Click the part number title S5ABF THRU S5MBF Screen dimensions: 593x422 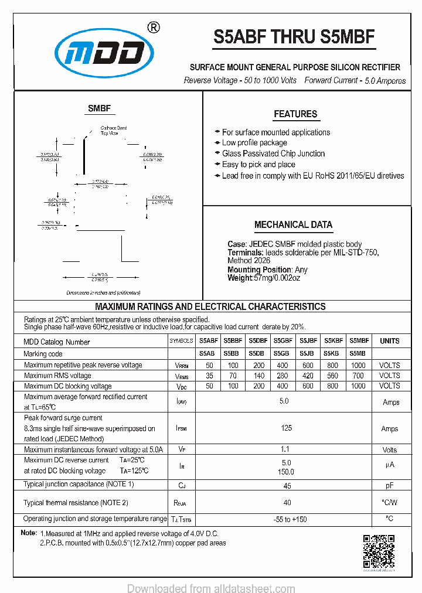[294, 38]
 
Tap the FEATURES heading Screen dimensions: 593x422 [295, 114]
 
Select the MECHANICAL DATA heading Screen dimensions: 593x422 [293, 224]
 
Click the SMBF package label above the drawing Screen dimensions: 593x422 [99, 108]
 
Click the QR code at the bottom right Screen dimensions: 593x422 [379, 551]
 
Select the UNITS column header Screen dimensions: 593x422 [389, 341]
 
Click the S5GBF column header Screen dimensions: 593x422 [283, 340]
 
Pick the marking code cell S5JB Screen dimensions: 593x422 [308, 353]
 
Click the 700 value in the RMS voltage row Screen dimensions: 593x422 [358, 376]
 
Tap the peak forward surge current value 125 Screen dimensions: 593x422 [286, 428]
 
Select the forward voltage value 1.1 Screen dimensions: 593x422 [285, 449]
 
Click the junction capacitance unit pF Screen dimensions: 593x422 [389, 485]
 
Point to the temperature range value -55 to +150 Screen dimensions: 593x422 [290, 519]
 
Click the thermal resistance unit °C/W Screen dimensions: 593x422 [389, 502]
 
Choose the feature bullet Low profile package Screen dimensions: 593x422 [254, 143]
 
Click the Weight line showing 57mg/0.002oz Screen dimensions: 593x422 [264, 278]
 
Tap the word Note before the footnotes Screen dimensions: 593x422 [28, 533]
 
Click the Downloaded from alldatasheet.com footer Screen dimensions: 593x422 [211, 588]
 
